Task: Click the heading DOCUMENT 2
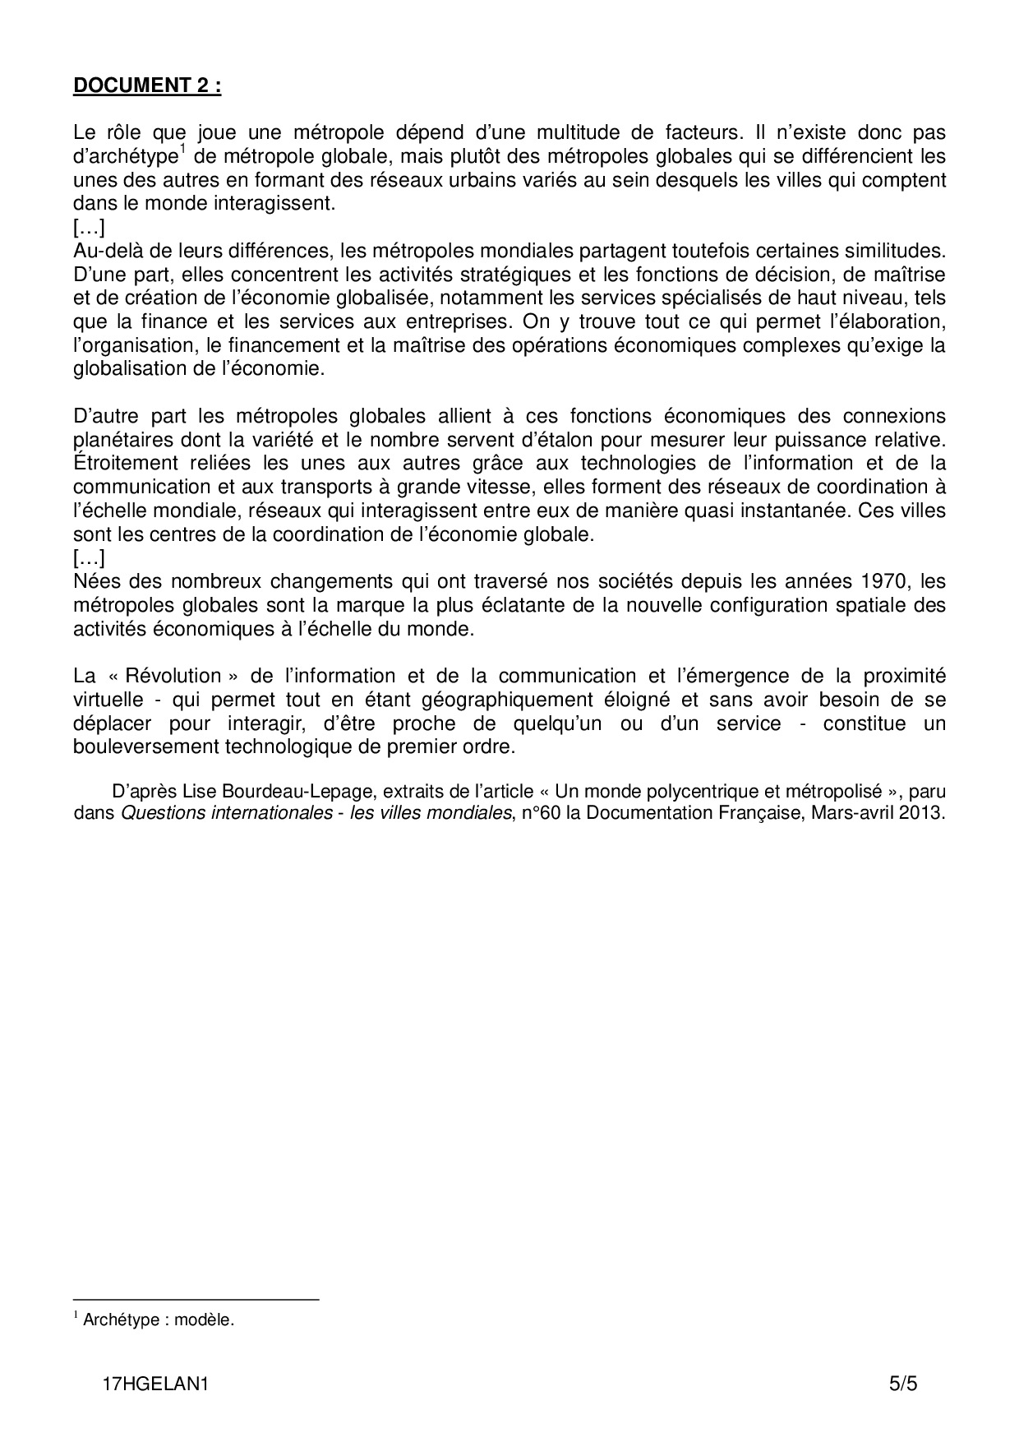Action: pos(147,86)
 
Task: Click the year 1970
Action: pos(884,582)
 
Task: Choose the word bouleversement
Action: pos(144,748)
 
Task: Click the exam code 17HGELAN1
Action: pos(156,1384)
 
